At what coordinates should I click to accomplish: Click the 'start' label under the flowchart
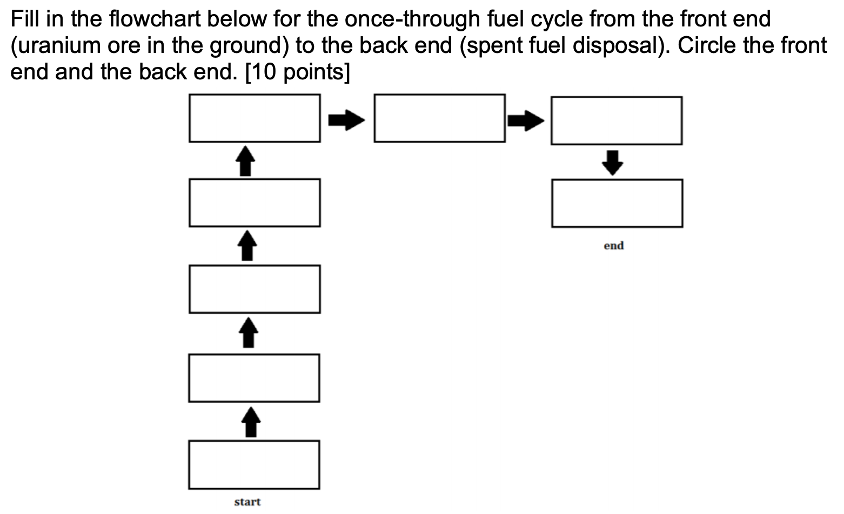[x=247, y=502]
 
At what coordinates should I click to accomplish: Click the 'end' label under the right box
[x=613, y=246]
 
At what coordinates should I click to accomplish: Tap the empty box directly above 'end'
[x=617, y=203]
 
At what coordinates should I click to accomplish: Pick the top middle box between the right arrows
[x=439, y=118]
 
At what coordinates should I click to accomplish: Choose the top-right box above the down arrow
[x=616, y=120]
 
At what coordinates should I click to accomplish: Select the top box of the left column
[x=254, y=118]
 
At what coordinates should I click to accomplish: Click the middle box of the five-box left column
[x=254, y=289]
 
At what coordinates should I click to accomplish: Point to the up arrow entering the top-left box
[x=246, y=160]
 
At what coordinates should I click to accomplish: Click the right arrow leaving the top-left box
[x=346, y=119]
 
